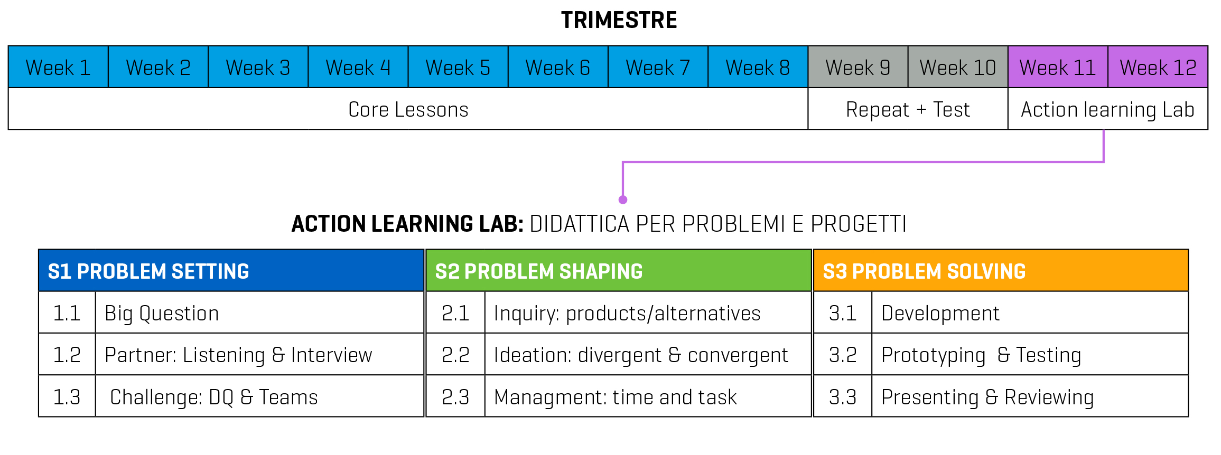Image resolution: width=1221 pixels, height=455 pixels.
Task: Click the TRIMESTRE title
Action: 619,21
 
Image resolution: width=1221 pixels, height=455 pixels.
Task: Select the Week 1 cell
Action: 59,67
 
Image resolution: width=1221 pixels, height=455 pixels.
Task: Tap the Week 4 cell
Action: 358,67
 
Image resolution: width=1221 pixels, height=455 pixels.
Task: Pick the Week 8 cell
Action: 758,67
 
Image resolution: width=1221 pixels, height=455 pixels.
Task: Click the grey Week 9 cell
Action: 858,67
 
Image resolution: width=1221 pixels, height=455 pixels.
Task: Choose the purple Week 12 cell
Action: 1158,67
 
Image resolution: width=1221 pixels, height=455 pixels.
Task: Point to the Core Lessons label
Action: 408,110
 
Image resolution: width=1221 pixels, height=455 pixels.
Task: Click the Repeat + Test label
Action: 908,110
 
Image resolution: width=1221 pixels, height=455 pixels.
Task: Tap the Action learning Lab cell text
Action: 1107,110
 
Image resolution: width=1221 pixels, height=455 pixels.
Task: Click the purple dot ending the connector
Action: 623,200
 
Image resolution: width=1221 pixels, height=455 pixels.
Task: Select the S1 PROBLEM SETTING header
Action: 231,271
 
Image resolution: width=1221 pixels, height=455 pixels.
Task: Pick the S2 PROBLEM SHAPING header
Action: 619,271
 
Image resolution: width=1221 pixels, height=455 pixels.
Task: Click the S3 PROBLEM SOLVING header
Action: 1001,271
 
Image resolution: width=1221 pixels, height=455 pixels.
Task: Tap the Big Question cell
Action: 260,312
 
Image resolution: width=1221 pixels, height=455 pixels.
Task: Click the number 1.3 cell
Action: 67,396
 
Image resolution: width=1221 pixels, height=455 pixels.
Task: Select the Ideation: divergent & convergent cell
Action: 648,355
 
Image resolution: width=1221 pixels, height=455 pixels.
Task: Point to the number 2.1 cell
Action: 455,312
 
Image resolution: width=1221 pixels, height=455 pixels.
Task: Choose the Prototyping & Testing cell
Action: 1030,355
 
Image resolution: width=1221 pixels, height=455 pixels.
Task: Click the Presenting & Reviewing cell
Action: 1030,396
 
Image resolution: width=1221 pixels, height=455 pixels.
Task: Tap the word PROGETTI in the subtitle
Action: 859,224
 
